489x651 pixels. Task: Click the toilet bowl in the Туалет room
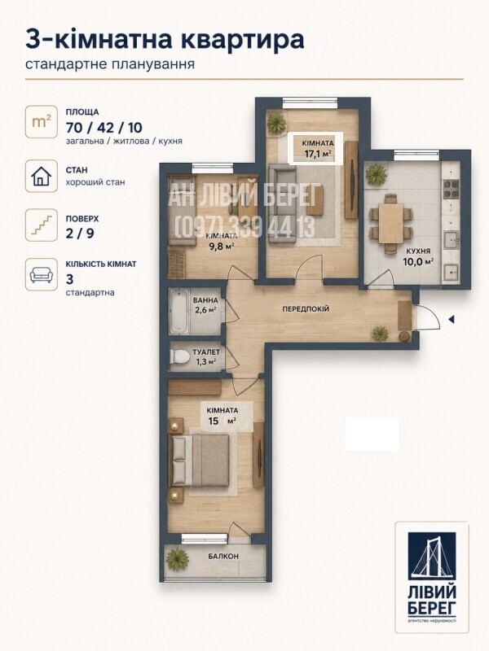point(178,357)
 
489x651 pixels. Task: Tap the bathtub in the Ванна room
point(179,312)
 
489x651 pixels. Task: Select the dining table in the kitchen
point(390,223)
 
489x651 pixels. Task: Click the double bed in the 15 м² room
point(199,460)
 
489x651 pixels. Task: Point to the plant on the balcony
point(178,559)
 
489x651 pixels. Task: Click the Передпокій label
point(306,309)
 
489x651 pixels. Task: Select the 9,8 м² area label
point(222,245)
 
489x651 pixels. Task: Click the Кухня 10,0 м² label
point(418,256)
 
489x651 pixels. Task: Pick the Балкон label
point(223,557)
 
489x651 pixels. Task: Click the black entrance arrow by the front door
point(451,319)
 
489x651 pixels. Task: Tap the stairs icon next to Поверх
point(42,225)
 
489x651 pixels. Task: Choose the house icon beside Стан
point(42,176)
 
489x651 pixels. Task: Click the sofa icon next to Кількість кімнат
point(42,274)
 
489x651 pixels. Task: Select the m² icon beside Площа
point(42,122)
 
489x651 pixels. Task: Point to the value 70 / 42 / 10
point(104,128)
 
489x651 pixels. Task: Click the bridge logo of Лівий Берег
point(432,557)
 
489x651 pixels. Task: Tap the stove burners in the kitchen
point(451,189)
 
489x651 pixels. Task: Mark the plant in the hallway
point(380,333)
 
